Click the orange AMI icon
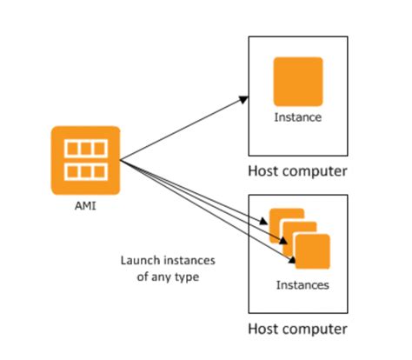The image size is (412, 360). (x=84, y=160)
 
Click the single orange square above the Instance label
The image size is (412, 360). (x=298, y=82)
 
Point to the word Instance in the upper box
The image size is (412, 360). (x=298, y=117)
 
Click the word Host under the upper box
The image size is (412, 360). (x=264, y=170)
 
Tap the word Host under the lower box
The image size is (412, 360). (x=264, y=330)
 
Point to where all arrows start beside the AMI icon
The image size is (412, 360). (x=120, y=160)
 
